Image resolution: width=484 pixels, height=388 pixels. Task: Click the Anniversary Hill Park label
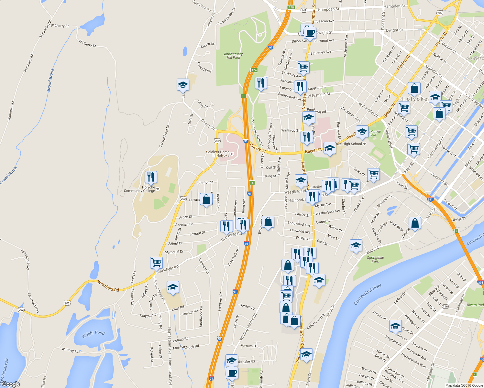(233, 56)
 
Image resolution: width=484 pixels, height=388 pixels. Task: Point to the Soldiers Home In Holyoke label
(218, 154)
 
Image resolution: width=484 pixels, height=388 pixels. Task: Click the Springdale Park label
(375, 259)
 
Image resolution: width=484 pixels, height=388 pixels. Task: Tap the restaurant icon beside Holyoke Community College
(151, 177)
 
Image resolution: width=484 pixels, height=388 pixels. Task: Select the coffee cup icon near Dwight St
(310, 33)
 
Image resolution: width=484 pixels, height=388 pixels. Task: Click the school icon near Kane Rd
(173, 287)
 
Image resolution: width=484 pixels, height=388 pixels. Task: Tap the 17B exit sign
(291, 7)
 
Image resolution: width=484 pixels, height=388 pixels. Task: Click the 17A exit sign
(254, 70)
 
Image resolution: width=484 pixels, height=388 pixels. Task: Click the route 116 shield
(445, 306)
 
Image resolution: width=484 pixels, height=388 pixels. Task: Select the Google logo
(11, 384)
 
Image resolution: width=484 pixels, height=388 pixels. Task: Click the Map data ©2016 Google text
(464, 385)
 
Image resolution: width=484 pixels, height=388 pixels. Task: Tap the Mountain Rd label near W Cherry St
(46, 29)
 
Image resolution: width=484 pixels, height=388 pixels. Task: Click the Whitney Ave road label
(71, 350)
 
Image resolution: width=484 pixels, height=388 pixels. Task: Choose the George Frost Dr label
(164, 136)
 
